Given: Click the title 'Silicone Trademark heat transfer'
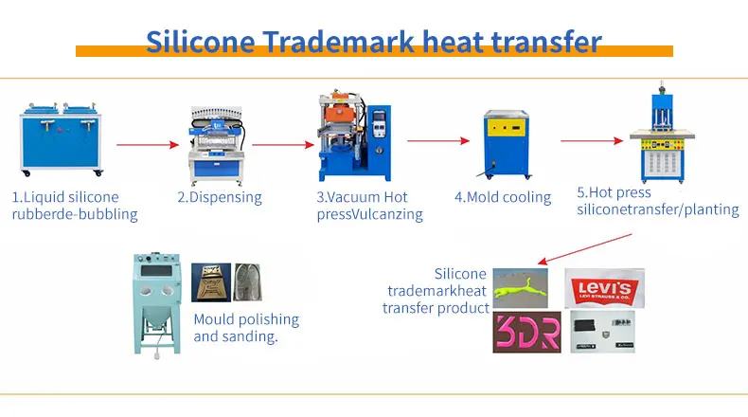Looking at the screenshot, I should pos(374,41).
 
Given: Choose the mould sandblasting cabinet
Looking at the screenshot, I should pos(157,301).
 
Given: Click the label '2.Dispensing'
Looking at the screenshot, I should pos(220,198).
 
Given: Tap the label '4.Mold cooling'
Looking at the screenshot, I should pos(503,198).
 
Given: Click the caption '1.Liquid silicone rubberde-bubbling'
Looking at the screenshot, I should pos(74,206).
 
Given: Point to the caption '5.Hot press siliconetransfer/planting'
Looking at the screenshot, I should pos(657,201).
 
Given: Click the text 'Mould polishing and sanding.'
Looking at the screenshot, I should pos(246,328).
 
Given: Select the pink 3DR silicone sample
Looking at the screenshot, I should pos(526,333).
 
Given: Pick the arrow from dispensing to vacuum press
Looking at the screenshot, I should pos(283,144).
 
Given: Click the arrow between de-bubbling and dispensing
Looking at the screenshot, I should pos(147,144).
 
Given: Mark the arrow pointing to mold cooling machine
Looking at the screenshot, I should pos(439,141).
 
